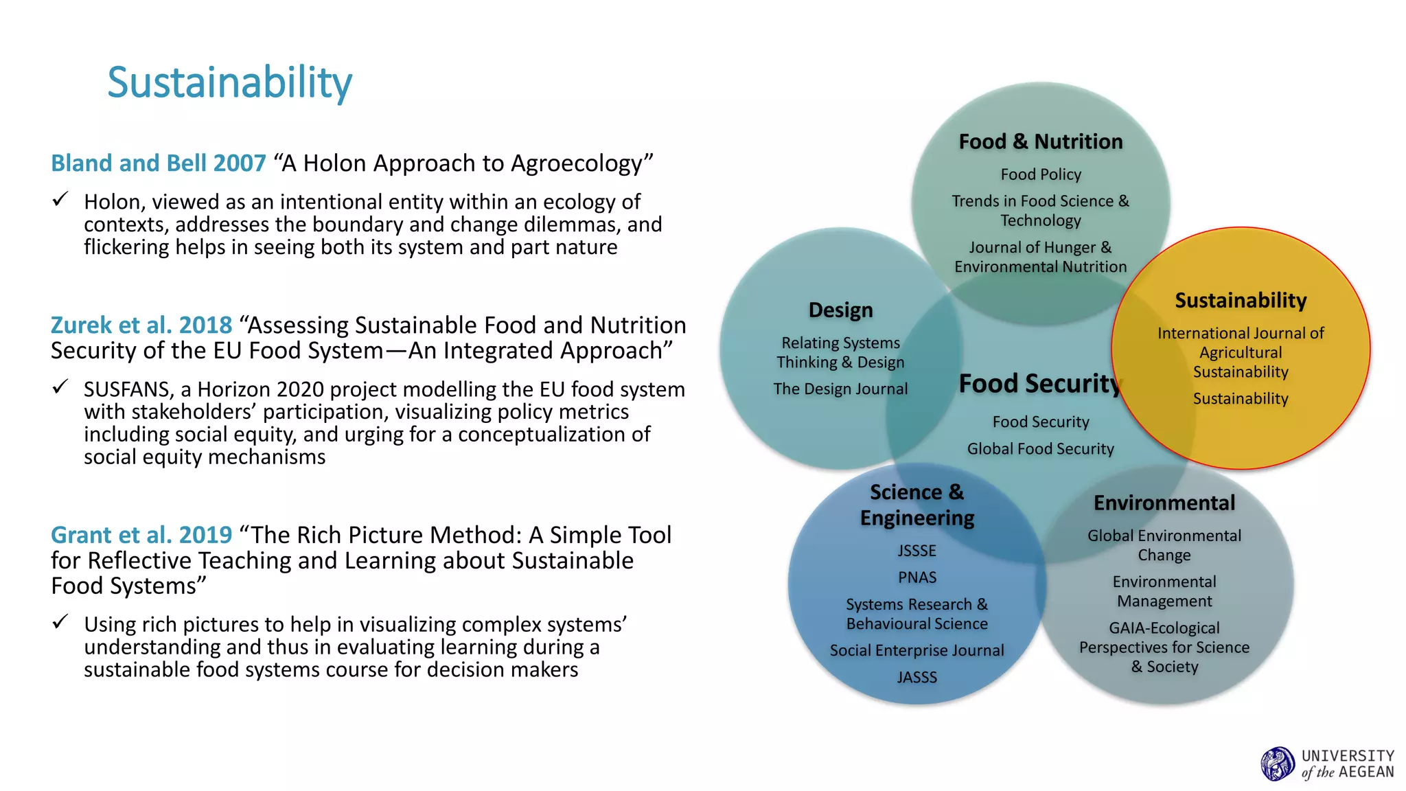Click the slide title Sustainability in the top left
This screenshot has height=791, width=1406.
pos(229,82)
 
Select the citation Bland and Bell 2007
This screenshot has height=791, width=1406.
pos(159,163)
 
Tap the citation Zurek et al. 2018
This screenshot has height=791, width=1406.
pos(141,325)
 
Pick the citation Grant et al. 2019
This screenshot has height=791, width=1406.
pos(141,535)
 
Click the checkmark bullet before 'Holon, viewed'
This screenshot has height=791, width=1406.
pos(60,200)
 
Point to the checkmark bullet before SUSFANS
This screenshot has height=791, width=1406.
pos(60,387)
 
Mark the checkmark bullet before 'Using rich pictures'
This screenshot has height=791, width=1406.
pos(60,622)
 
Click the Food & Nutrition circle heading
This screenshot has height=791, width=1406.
pos(1040,141)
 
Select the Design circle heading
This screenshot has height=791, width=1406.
pos(840,310)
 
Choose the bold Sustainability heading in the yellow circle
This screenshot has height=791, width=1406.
pos(1240,300)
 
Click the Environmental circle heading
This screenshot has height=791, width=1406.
pos(1164,503)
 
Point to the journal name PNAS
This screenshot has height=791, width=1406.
pos(917,577)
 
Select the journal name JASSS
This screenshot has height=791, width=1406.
pos(917,677)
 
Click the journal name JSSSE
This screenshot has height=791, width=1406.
pos(917,551)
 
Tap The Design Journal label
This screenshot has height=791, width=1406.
pos(840,389)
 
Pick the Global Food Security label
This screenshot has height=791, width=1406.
pos(1040,448)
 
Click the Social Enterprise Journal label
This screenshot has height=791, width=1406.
pos(917,650)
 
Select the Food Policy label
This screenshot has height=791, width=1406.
pos(1040,174)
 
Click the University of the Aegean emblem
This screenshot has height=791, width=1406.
pos(1277,764)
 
